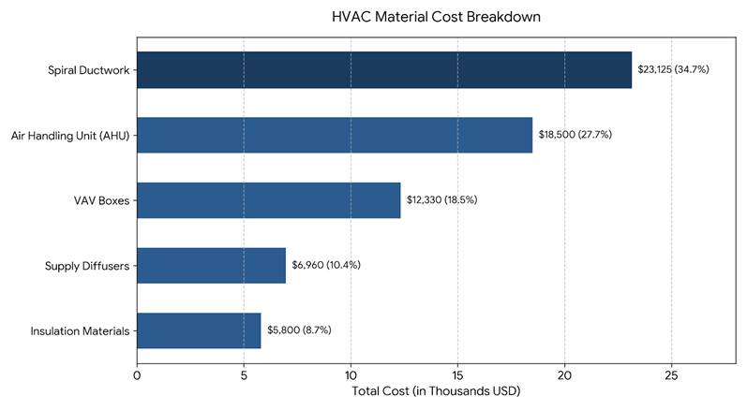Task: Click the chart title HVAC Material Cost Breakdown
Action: (436, 17)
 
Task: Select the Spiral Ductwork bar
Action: (384, 70)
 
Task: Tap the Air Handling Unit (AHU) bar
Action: (335, 135)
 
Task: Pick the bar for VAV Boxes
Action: (269, 200)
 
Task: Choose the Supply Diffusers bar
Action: (212, 266)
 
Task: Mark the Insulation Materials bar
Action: (199, 330)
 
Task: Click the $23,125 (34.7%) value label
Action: (673, 69)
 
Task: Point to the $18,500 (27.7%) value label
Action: (575, 135)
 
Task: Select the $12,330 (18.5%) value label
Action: (441, 199)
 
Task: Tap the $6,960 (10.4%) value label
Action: (326, 265)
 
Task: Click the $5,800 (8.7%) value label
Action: (299, 330)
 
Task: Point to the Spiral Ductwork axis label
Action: (89, 70)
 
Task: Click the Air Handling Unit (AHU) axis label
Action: (70, 136)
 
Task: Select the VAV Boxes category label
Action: (101, 200)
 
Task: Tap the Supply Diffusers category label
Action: (87, 266)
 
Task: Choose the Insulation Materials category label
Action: (80, 331)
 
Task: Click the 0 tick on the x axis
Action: (137, 375)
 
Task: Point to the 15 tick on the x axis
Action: (457, 375)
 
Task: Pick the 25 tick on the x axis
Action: (671, 375)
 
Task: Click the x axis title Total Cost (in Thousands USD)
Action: (436, 391)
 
